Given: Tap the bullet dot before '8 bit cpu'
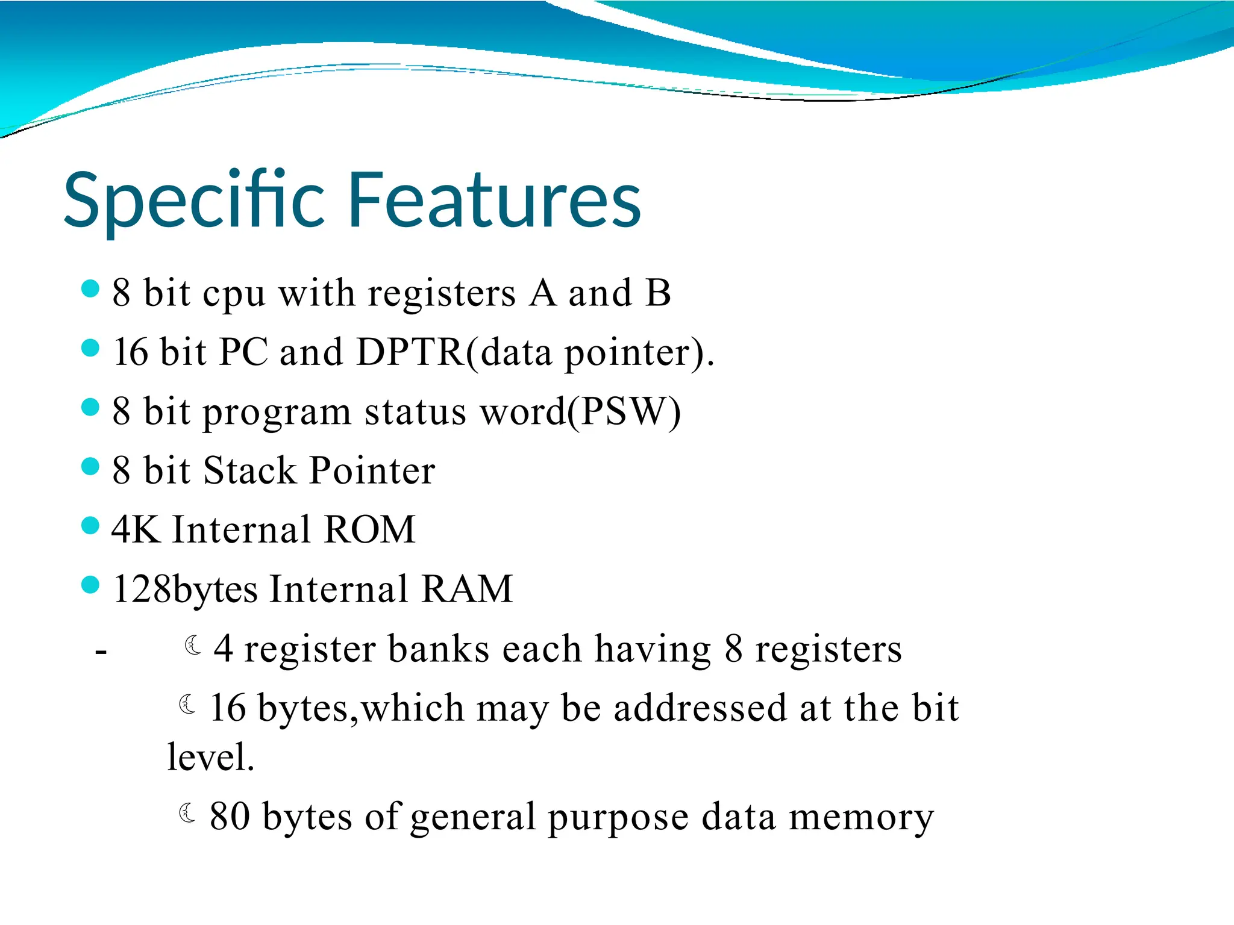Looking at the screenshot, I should pos(90,289).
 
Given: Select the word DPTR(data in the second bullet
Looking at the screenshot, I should pos(454,352).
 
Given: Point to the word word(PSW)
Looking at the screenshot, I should pos(580,412).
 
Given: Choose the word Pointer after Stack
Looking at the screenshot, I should pos(372,470).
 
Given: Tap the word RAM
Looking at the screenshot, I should pos(467,589).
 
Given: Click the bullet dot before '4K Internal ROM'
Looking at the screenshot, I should pos(90,526).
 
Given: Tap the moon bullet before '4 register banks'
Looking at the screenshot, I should pos(193,646).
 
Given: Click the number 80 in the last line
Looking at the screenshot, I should pos(230,817).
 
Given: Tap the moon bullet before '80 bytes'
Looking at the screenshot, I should pos(187,814).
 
